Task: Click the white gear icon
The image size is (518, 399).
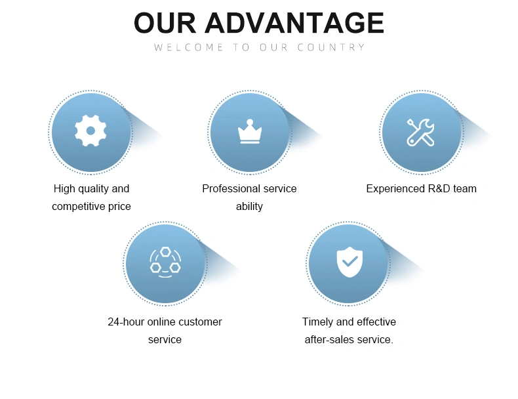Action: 90,131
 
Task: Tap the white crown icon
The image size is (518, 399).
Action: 250,131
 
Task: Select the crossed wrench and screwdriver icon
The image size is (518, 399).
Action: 420,132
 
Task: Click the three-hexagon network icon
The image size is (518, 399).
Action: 165,262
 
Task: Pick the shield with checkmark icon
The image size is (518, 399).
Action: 349,262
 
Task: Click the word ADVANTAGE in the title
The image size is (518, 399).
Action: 294,23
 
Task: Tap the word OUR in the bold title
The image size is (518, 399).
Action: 165,23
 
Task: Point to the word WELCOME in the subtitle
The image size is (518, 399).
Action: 189,47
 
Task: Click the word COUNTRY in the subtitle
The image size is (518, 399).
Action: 331,47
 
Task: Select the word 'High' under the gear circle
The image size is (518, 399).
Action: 64,189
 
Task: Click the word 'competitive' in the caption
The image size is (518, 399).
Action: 75,206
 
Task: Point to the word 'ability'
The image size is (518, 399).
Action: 249,206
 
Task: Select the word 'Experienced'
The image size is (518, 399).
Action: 395,189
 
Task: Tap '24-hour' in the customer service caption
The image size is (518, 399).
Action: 126,322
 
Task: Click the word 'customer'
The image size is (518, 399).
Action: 200,322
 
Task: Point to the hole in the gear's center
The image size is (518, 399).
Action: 90,131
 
